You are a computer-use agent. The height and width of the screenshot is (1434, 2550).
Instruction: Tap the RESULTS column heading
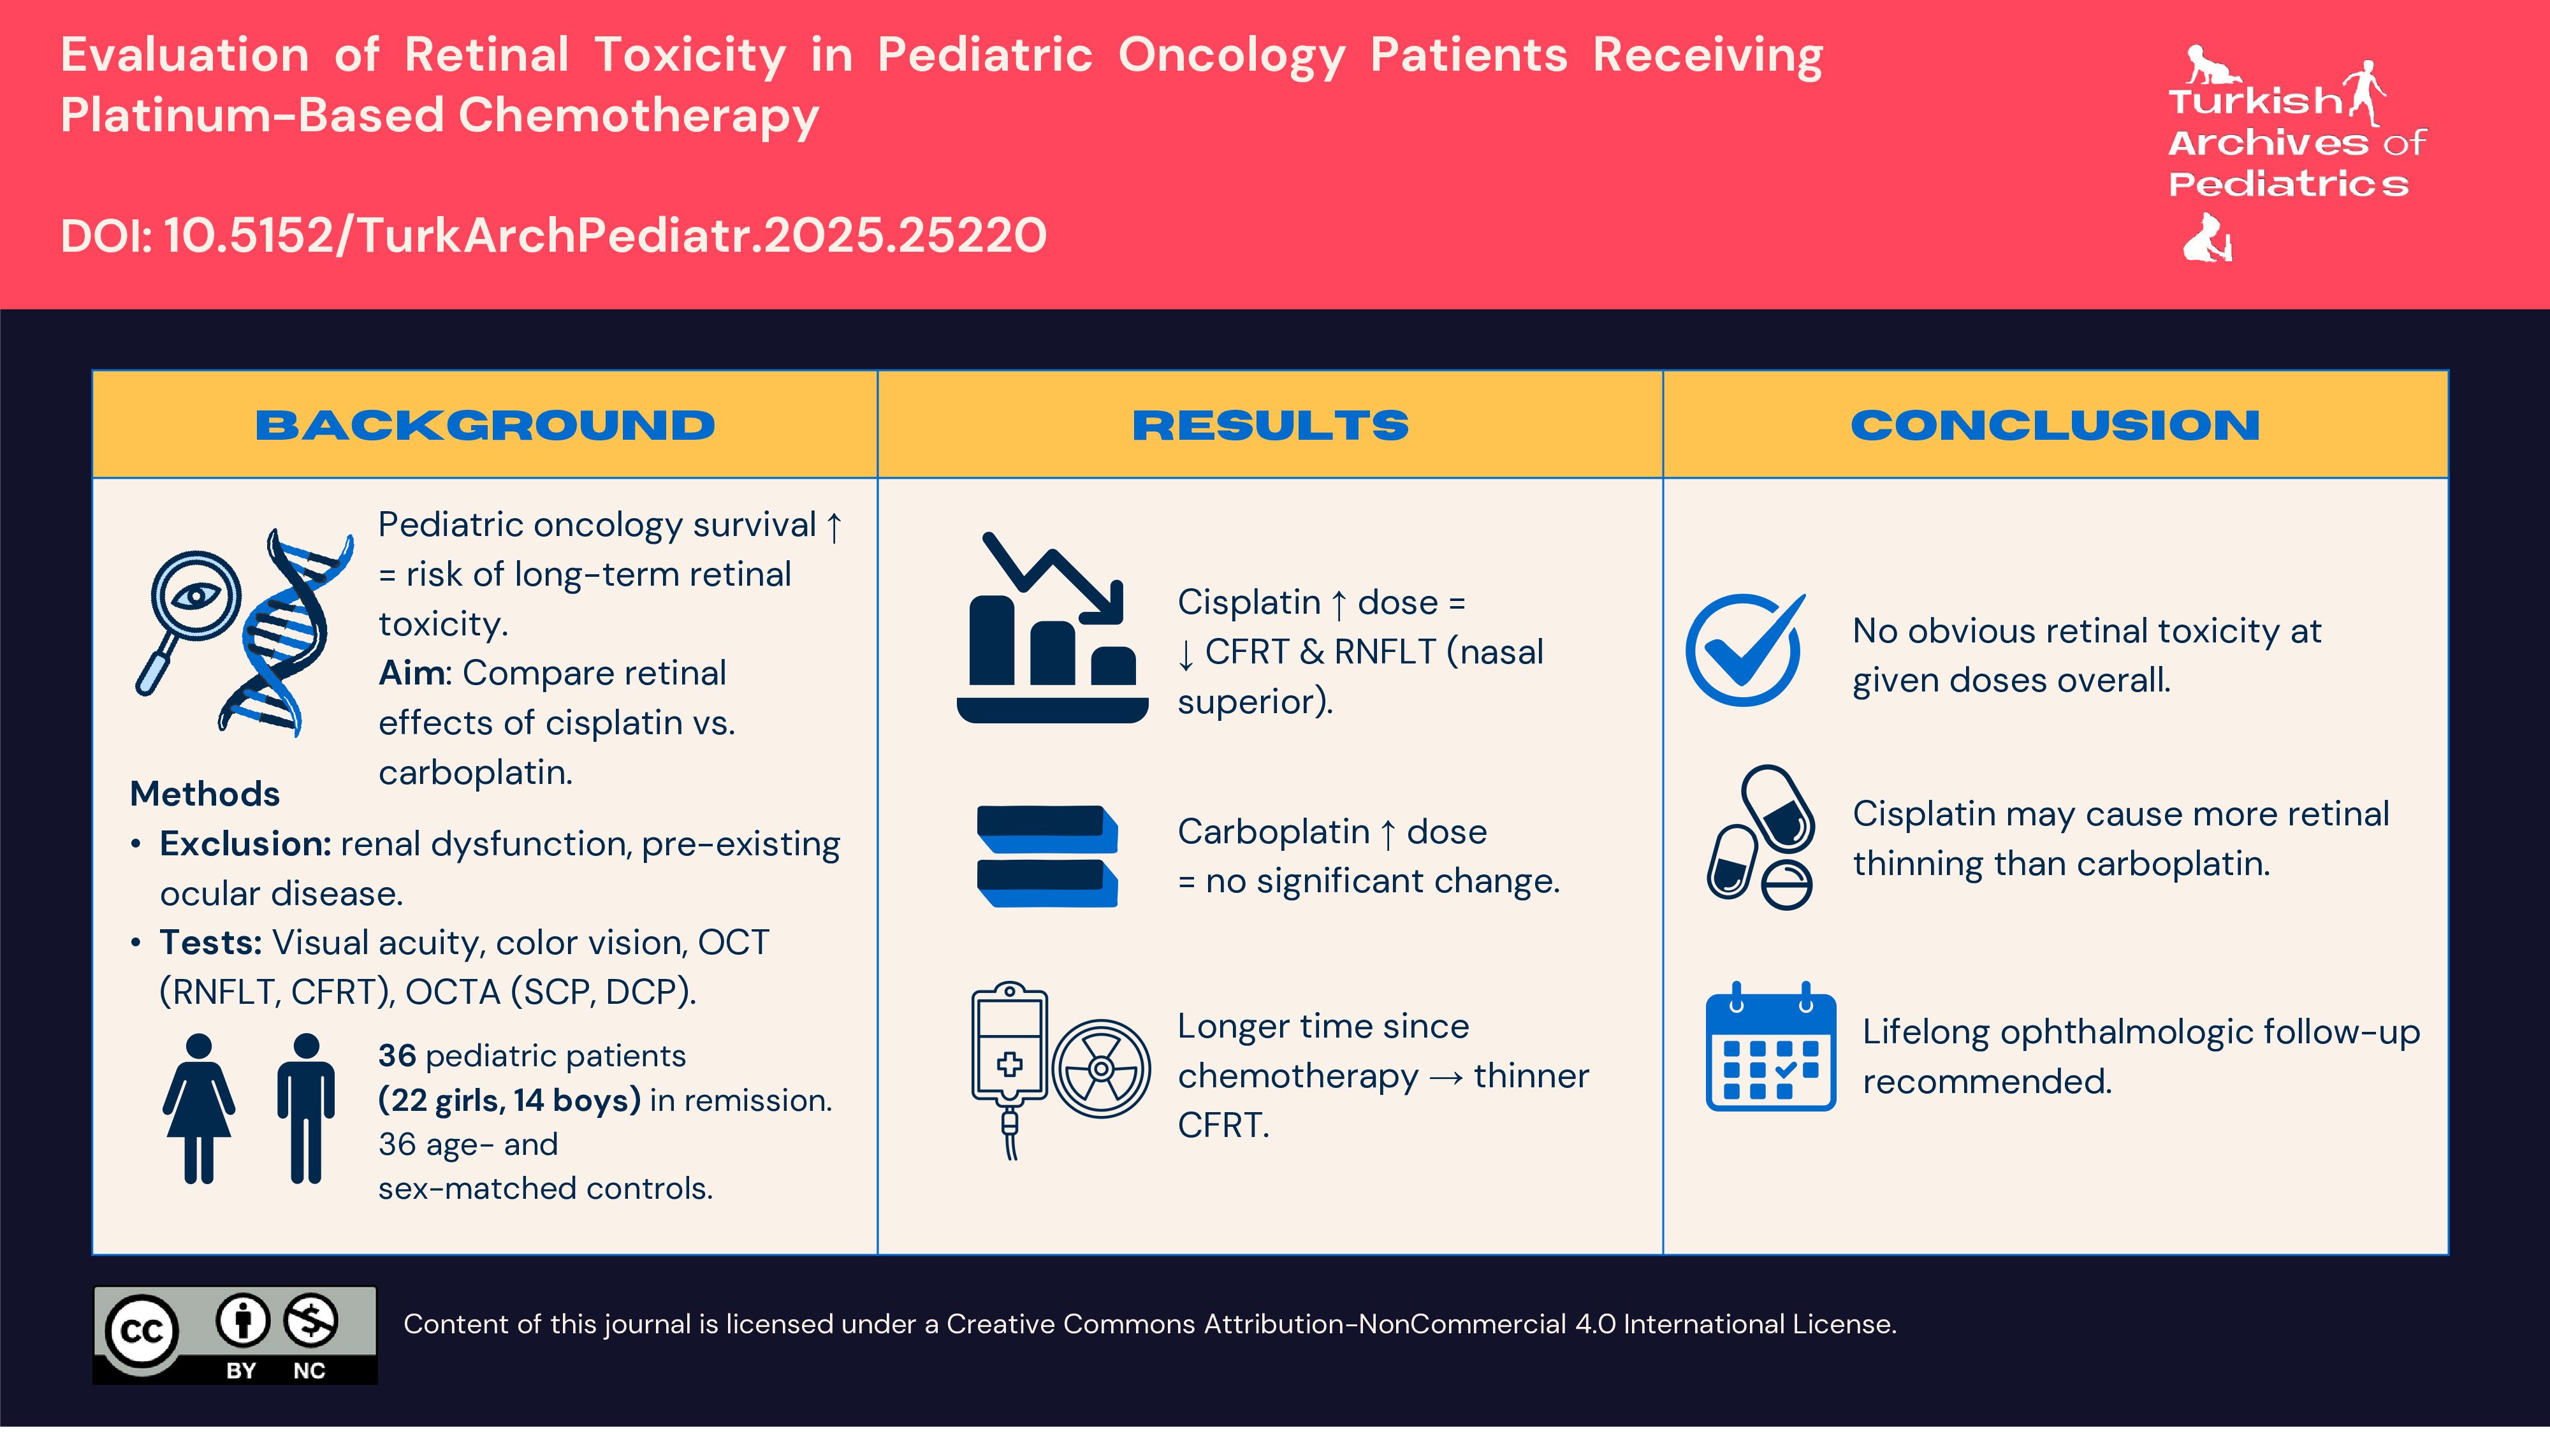coord(1269,426)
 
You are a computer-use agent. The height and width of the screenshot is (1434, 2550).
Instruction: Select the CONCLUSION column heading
coord(2055,426)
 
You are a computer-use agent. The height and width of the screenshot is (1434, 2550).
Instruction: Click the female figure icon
coord(199,1108)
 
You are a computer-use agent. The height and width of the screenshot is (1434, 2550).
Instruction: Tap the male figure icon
coord(306,1108)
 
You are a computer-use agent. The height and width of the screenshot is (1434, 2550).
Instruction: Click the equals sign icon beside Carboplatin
coord(1047,856)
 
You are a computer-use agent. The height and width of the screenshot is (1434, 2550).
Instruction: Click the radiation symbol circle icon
coord(1101,1069)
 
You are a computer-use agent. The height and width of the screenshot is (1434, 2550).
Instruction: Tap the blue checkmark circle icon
coord(1744,649)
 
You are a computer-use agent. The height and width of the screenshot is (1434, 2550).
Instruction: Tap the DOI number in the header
coord(604,236)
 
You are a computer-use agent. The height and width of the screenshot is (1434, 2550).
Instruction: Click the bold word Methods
coord(205,793)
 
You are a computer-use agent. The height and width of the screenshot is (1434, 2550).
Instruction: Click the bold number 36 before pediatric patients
coord(397,1056)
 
